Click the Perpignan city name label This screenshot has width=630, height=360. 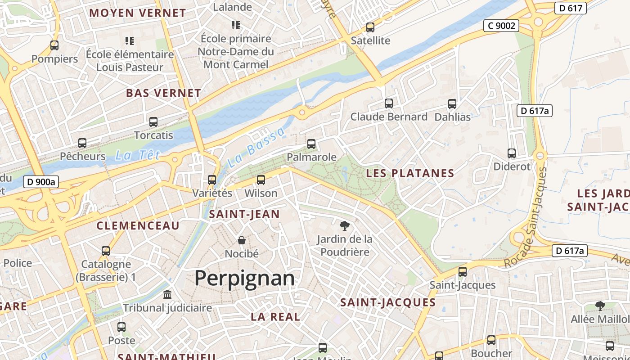tap(244, 279)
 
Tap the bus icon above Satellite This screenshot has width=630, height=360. tap(370, 27)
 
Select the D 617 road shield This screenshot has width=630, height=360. tap(570, 8)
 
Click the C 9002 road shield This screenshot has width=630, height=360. tap(501, 26)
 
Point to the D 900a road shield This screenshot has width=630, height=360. tap(40, 182)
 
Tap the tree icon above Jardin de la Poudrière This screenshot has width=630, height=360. tap(344, 225)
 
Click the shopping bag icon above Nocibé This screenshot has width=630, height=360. tap(242, 240)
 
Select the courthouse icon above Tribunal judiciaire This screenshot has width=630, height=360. tap(167, 295)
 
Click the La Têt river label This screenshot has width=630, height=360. tap(138, 156)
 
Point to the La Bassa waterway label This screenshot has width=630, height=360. tap(256, 147)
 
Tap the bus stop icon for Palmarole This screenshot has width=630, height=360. tap(311, 144)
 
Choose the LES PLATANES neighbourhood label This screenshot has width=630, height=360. tap(410, 173)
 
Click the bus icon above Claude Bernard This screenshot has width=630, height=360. tap(389, 103)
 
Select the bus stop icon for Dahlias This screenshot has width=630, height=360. tap(452, 104)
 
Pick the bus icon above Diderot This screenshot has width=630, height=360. tap(512, 153)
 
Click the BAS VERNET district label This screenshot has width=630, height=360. tap(163, 93)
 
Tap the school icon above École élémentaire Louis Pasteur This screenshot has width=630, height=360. tap(130, 41)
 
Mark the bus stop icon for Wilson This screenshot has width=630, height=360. tap(261, 180)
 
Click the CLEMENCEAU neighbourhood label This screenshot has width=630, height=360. tap(138, 225)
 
